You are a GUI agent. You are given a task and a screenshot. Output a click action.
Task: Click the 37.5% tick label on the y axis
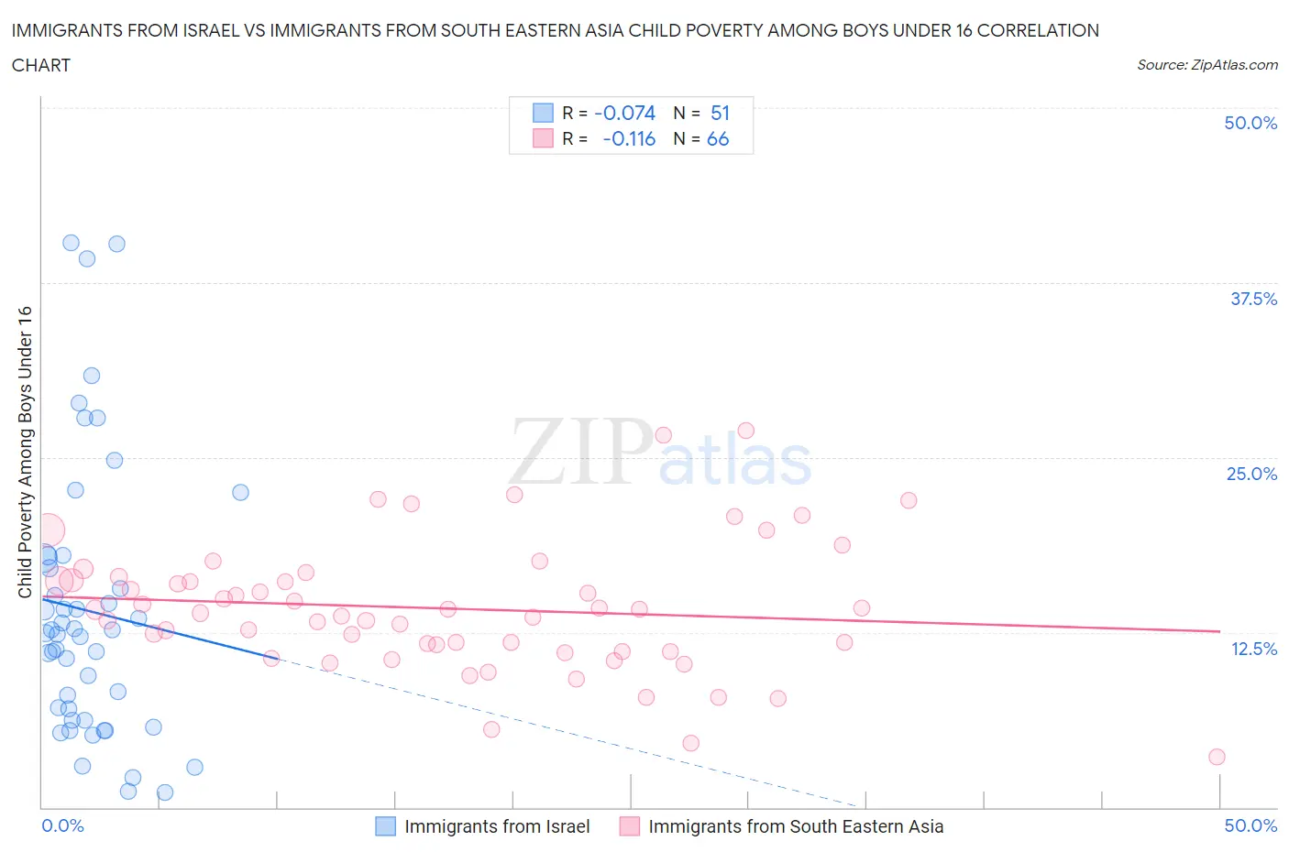(1253, 299)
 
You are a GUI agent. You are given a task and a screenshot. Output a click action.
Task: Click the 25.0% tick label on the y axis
(1251, 474)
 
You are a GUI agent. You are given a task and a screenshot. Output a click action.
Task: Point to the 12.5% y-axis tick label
(1253, 649)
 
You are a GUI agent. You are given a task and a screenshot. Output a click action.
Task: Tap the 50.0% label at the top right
(1250, 123)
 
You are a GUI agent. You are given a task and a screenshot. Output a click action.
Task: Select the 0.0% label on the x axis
(62, 825)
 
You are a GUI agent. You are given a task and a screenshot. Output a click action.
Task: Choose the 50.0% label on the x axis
(1250, 825)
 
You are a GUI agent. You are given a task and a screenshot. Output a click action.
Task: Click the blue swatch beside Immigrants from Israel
(386, 826)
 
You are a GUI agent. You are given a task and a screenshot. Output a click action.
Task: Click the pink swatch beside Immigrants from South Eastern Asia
(630, 826)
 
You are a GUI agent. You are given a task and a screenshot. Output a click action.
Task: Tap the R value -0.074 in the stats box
(624, 113)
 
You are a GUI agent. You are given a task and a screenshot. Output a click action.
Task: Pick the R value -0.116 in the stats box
(629, 138)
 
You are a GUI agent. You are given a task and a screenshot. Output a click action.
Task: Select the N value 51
(720, 113)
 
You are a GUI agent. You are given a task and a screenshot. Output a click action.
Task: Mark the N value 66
(718, 138)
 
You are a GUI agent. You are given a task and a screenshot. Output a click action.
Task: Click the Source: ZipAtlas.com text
(1206, 64)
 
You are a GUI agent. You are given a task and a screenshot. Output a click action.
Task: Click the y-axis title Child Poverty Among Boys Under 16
(25, 452)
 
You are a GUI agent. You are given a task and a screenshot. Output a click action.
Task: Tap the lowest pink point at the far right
(1217, 757)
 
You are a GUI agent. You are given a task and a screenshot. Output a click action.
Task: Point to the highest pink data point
(745, 431)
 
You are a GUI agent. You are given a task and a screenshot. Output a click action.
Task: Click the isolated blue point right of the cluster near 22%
(240, 492)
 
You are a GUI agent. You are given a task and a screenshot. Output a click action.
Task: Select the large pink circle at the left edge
(48, 530)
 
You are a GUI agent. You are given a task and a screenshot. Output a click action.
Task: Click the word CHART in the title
(41, 65)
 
